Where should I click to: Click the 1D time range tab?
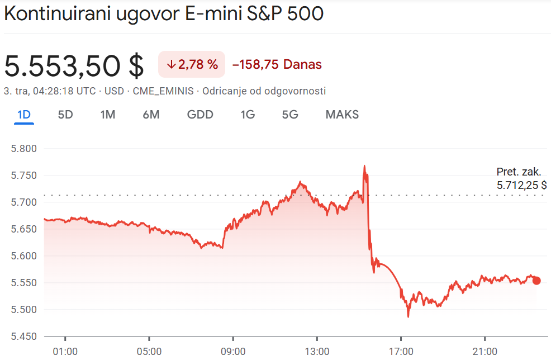[23, 115]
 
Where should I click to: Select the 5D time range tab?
[65, 115]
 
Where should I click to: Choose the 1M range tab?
[108, 115]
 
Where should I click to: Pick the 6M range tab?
[151, 115]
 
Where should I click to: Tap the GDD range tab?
[200, 115]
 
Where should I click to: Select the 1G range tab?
[248, 115]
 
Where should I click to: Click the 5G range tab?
[290, 115]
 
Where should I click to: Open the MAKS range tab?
[342, 115]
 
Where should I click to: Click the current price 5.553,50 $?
[74, 65]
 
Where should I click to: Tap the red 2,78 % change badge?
[192, 64]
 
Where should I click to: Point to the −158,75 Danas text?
[277, 64]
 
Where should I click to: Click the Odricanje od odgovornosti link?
[264, 91]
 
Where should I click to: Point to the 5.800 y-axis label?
[23, 149]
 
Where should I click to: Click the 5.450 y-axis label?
[23, 337]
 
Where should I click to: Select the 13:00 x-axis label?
[317, 352]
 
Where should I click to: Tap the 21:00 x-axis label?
[484, 352]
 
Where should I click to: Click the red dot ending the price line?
[536, 280]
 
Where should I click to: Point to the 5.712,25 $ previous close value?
[521, 185]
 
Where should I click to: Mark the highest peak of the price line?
[364, 166]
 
